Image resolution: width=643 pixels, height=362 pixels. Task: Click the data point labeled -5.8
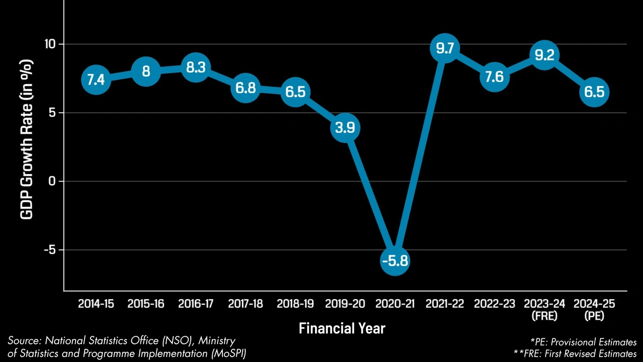395,261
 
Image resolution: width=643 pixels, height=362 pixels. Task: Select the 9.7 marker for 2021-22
445,49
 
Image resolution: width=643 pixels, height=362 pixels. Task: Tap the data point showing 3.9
345,128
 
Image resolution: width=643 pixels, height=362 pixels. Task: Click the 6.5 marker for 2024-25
594,92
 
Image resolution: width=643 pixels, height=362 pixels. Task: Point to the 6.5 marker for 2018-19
295,92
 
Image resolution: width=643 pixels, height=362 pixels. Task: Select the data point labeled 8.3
195,68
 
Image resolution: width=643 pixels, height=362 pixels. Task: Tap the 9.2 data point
544,55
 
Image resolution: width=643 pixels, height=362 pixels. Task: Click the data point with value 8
145,72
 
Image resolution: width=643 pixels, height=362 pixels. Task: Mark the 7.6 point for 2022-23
494,77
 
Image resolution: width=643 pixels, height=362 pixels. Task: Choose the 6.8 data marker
245,87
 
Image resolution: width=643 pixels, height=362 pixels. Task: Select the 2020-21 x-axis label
395,304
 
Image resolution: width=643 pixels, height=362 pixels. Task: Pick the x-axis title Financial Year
342,328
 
